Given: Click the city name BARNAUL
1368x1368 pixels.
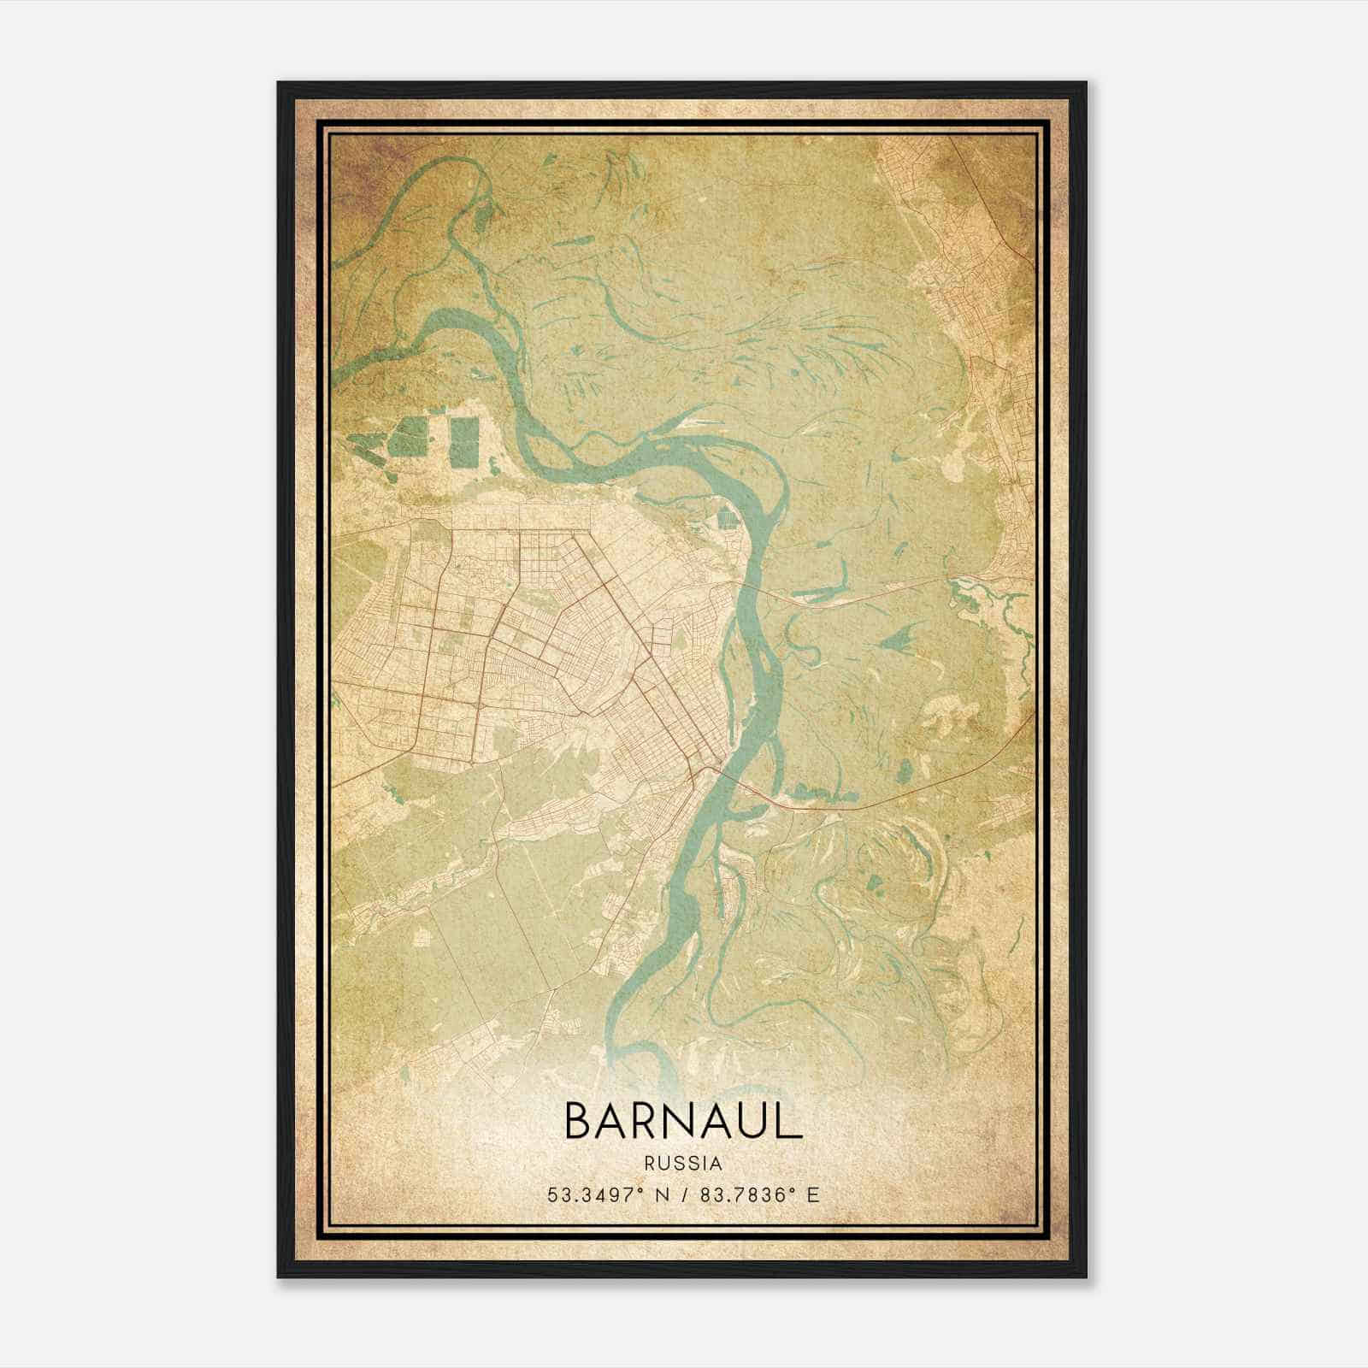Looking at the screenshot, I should [683, 1122].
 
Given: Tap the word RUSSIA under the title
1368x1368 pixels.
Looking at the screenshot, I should [683, 1164].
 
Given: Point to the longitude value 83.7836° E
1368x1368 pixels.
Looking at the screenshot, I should [759, 1194].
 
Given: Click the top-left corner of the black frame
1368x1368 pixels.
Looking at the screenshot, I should [279, 84].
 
